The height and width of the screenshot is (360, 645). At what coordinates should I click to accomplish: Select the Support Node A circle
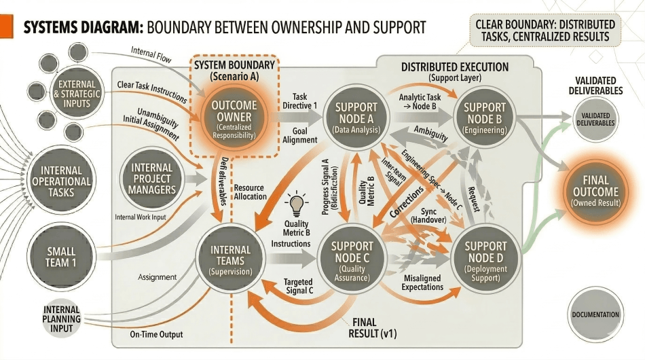[x=352, y=117]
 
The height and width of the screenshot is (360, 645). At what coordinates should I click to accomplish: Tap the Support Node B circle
[x=485, y=117]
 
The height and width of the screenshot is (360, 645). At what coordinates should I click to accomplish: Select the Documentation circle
[x=595, y=314]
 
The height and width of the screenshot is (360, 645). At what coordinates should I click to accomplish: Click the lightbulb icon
[x=296, y=203]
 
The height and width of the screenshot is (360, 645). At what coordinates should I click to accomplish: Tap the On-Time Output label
[x=156, y=334]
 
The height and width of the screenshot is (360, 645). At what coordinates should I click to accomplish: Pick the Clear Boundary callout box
[x=545, y=27]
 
